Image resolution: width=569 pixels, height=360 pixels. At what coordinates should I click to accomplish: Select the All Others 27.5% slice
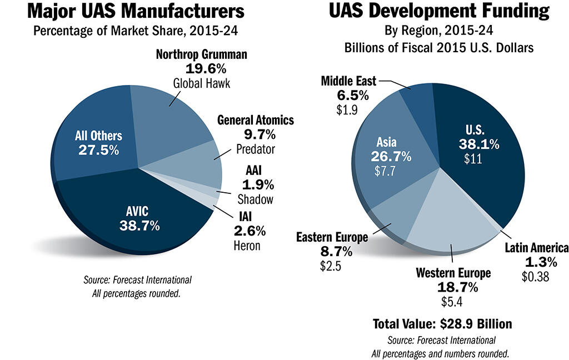[x=99, y=143]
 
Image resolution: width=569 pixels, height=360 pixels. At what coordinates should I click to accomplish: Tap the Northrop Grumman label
[x=202, y=56]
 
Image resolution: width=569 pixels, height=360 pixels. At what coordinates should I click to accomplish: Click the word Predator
[x=256, y=149]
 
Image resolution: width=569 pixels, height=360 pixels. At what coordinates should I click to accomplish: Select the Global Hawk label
[x=201, y=83]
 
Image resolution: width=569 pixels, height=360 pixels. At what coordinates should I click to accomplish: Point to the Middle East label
[x=348, y=82]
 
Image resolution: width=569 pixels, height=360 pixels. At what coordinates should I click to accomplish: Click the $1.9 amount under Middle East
[x=347, y=109]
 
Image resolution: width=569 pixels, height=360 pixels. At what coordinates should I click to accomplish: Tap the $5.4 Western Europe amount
[x=452, y=302]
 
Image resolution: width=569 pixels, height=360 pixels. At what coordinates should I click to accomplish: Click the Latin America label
[x=536, y=248]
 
